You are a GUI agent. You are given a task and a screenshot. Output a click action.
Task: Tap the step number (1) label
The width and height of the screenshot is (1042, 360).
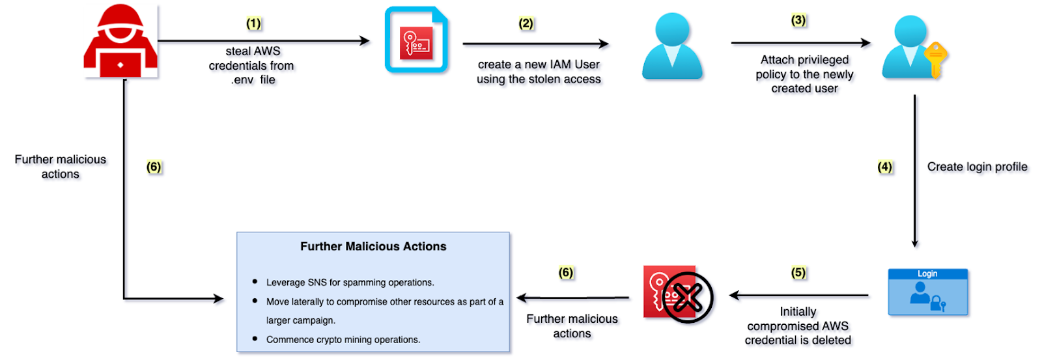pyautogui.click(x=253, y=24)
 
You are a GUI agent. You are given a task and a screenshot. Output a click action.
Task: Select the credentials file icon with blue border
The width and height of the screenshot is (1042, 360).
pyautogui.click(x=416, y=40)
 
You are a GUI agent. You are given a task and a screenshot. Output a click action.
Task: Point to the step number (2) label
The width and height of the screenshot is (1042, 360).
pyautogui.click(x=526, y=24)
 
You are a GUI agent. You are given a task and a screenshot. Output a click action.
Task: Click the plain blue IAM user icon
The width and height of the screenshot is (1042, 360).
pyautogui.click(x=671, y=47)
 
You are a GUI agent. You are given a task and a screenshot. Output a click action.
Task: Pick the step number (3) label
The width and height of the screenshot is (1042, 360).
pyautogui.click(x=798, y=20)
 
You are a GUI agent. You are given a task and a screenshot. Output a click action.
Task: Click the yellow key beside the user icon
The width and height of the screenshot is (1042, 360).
pyautogui.click(x=935, y=59)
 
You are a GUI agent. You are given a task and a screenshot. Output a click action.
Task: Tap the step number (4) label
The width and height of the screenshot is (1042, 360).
pyautogui.click(x=884, y=167)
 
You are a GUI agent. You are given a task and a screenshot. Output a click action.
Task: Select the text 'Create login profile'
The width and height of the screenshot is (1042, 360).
pyautogui.click(x=977, y=167)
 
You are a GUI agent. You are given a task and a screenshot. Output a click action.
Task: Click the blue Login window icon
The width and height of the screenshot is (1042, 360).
pyautogui.click(x=928, y=292)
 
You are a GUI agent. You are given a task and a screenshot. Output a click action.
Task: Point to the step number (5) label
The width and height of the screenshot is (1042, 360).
pyautogui.click(x=798, y=272)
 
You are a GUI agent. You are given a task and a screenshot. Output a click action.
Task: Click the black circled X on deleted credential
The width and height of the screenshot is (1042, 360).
pyautogui.click(x=688, y=298)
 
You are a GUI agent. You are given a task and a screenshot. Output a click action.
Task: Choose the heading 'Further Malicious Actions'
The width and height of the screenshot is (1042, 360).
pyautogui.click(x=373, y=247)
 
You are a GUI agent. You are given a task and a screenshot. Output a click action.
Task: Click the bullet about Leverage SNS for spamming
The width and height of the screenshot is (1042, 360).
pyautogui.click(x=350, y=283)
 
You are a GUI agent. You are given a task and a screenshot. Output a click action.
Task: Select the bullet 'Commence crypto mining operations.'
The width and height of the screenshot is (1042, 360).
pyautogui.click(x=343, y=340)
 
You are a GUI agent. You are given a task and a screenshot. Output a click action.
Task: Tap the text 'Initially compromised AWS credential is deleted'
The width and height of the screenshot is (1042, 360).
pyautogui.click(x=798, y=325)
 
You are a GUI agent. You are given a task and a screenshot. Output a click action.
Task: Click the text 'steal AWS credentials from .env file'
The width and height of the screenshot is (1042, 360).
pyautogui.click(x=252, y=65)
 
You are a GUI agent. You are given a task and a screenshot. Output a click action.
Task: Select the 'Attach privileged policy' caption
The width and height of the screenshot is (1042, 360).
pyautogui.click(x=804, y=74)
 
